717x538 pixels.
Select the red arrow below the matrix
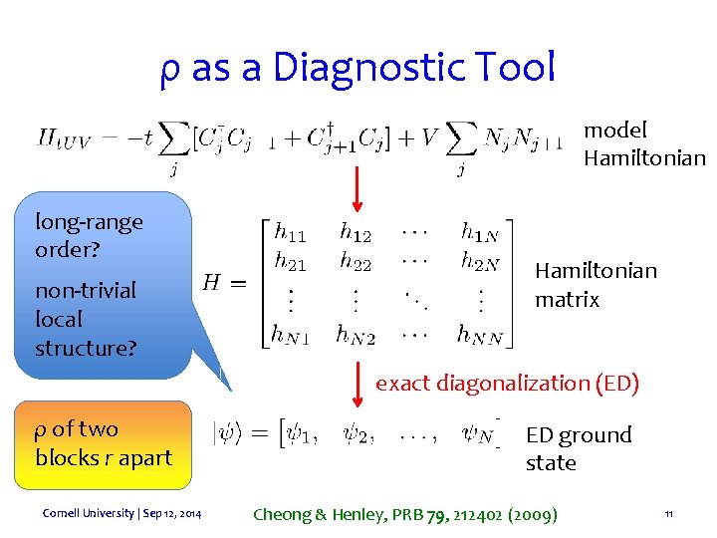pyautogui.click(x=360, y=381)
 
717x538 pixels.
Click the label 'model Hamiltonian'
pyautogui.click(x=643, y=143)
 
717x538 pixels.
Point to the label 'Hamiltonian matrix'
pyautogui.click(x=596, y=285)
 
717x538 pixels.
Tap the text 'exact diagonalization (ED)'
pyautogui.click(x=506, y=383)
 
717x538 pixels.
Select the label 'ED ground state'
pyautogui.click(x=578, y=448)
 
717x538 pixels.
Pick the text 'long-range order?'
pyautogui.click(x=89, y=235)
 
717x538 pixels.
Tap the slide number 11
pyautogui.click(x=669, y=514)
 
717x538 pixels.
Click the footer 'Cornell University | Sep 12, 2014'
pyautogui.click(x=121, y=513)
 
